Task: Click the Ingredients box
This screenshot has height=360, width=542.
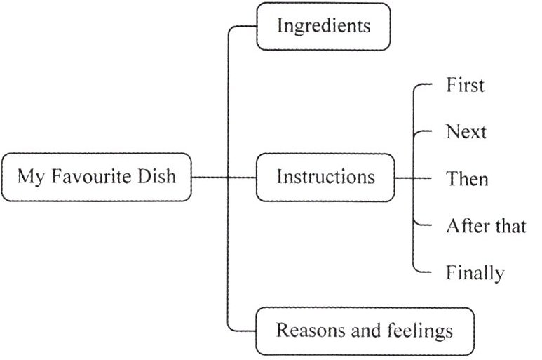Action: pyautogui.click(x=323, y=27)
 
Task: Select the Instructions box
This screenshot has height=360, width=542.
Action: pyautogui.click(x=325, y=177)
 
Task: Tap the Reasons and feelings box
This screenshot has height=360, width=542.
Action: pyautogui.click(x=364, y=330)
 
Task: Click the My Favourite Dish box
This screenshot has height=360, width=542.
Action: pyautogui.click(x=96, y=177)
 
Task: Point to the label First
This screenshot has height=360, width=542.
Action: pyautogui.click(x=465, y=86)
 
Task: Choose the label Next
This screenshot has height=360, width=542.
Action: pyautogui.click(x=466, y=132)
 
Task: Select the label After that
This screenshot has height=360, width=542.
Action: pyautogui.click(x=486, y=226)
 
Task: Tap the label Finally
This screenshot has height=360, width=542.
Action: pyautogui.click(x=475, y=272)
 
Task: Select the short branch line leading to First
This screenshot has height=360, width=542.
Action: pyautogui.click(x=424, y=85)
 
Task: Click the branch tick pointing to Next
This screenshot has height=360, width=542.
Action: pyautogui.click(x=423, y=131)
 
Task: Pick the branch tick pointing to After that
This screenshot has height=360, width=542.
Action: pyautogui.click(x=423, y=225)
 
